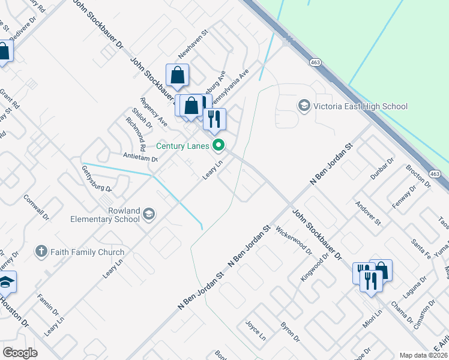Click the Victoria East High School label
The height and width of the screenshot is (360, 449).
(x=360, y=107)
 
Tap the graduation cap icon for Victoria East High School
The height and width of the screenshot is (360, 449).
(x=304, y=106)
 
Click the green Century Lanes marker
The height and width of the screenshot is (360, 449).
(x=219, y=145)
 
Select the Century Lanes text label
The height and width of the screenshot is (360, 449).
(x=183, y=146)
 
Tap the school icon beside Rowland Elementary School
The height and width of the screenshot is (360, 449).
(x=149, y=215)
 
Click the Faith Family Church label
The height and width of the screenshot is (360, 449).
(x=87, y=253)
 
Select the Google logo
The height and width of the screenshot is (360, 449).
(x=20, y=352)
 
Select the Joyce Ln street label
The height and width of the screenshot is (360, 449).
(x=255, y=329)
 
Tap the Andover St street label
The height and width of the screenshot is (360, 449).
(x=369, y=213)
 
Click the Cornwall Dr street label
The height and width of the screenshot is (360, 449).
(x=35, y=206)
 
